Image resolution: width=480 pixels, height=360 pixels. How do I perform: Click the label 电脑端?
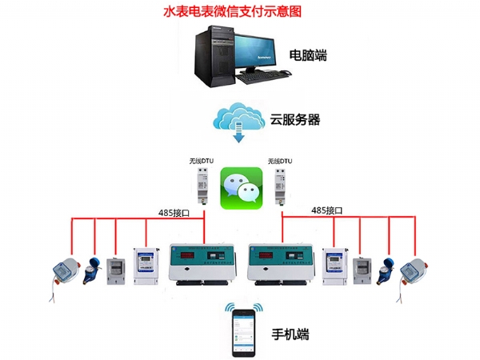point(308,56)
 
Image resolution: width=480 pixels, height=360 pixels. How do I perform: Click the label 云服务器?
point(295,120)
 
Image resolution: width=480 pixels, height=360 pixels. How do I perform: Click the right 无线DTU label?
point(280,161)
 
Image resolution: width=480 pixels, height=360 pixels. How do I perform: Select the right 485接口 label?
point(326,210)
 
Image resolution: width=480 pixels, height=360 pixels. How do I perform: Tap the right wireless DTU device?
point(281,186)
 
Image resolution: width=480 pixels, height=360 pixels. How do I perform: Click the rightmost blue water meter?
point(414,273)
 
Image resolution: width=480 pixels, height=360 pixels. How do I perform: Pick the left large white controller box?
point(203,262)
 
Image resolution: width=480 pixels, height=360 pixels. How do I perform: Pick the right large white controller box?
point(282,262)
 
